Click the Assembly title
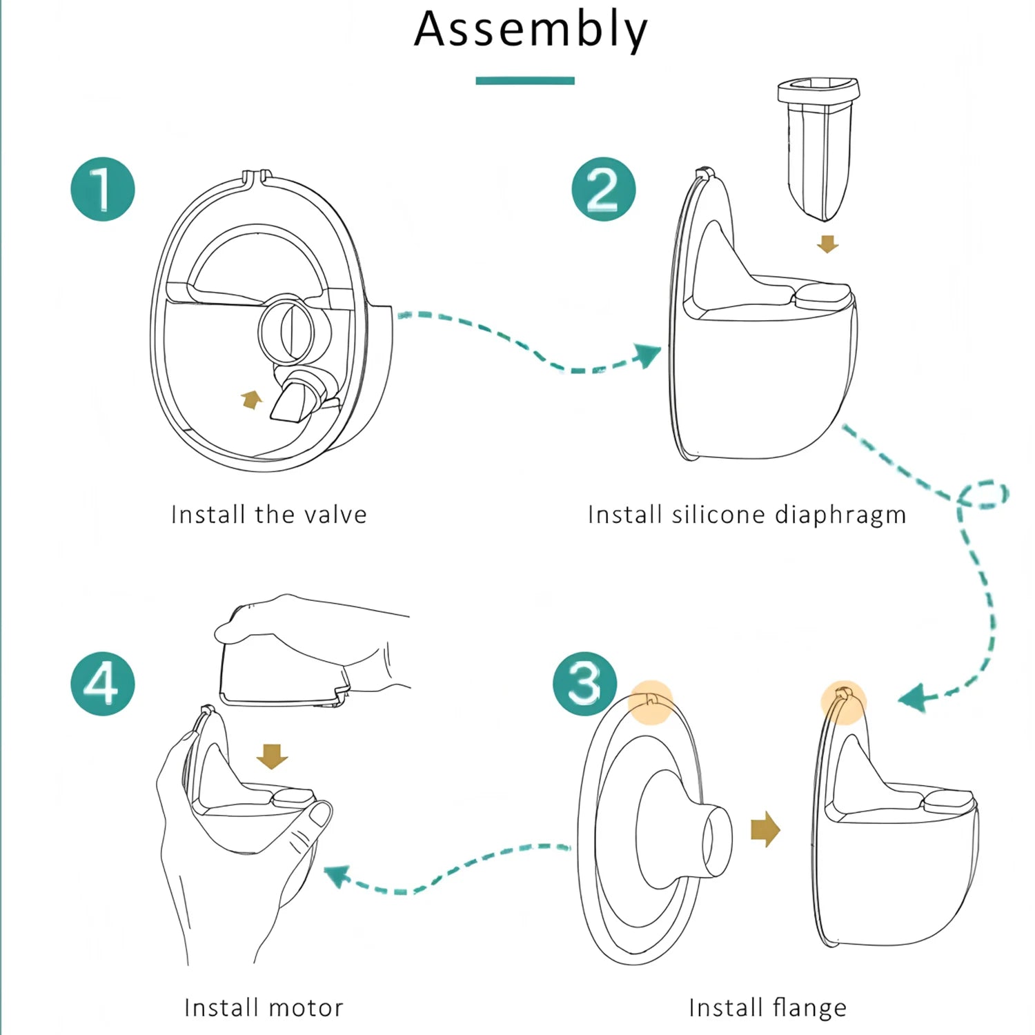pyautogui.click(x=530, y=30)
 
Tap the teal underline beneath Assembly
pyautogui.click(x=524, y=81)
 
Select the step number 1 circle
pyautogui.click(x=103, y=189)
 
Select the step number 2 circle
pyautogui.click(x=603, y=189)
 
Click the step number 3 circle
pyautogui.click(x=585, y=684)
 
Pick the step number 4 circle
pyautogui.click(x=103, y=684)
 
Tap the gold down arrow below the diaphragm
pyautogui.click(x=827, y=244)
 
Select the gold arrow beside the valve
pyautogui.click(x=252, y=400)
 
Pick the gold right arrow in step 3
pyautogui.click(x=765, y=829)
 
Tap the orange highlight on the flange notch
pyautogui.click(x=651, y=701)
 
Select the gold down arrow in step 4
pyautogui.click(x=272, y=756)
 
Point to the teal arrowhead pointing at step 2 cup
pyautogui.click(x=646, y=355)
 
